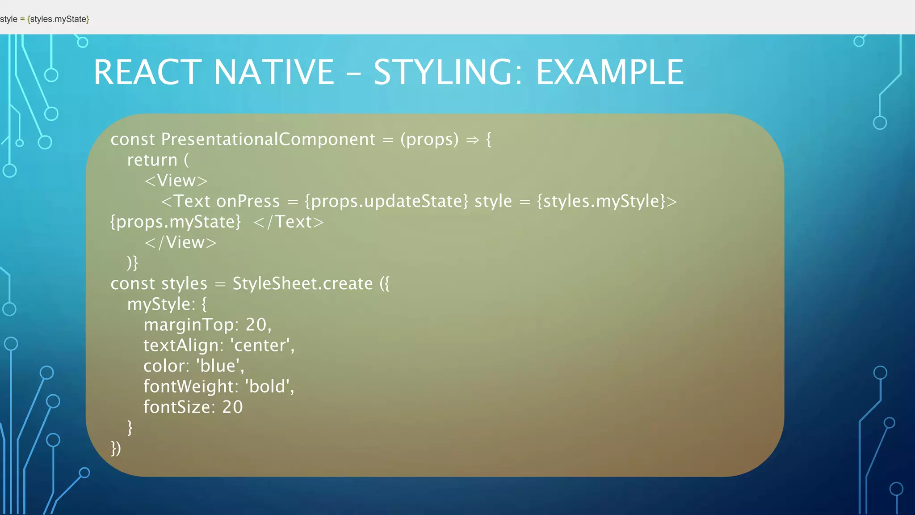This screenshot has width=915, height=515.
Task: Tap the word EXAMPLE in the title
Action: pos(609,72)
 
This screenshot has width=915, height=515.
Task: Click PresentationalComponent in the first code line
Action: pos(268,139)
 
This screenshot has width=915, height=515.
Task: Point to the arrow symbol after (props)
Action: pos(472,140)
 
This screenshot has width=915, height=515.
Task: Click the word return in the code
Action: pos(152,160)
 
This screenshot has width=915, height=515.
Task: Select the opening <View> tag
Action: pos(176,181)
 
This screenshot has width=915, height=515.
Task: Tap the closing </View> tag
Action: pos(180,242)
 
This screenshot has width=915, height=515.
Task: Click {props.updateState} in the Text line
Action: pos(386,201)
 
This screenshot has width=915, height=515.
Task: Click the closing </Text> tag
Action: pos(289,222)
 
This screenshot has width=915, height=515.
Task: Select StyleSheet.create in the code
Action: pos(302,283)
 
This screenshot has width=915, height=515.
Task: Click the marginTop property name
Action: pos(191,325)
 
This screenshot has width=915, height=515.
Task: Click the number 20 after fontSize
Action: pos(232,407)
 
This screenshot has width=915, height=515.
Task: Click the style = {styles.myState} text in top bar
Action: pos(45,19)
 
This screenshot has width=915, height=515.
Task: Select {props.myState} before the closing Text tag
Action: pos(176,222)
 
